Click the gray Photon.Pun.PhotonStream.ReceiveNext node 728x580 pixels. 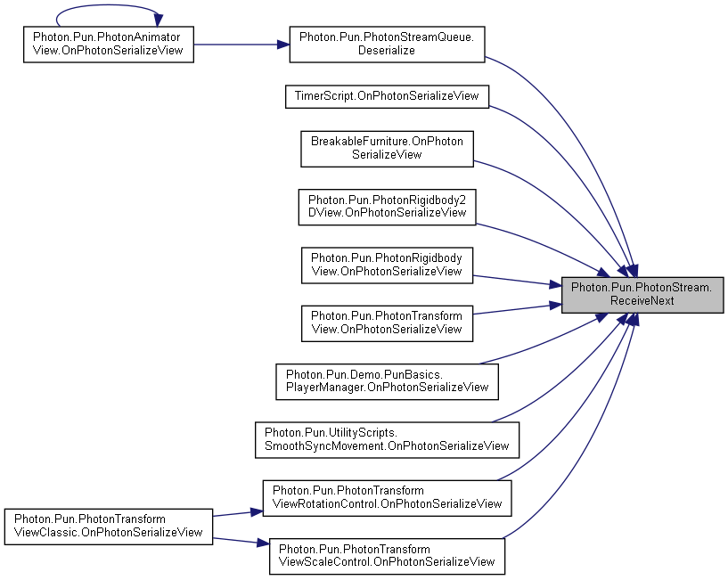(x=642, y=295)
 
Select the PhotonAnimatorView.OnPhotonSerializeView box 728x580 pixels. (x=109, y=45)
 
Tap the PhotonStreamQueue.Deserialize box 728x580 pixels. (x=387, y=45)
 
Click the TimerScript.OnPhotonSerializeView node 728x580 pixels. (x=387, y=96)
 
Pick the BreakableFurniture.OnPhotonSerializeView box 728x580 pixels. (x=387, y=149)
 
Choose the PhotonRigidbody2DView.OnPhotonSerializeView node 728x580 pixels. (x=387, y=207)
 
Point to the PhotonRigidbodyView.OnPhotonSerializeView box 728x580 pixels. (x=387, y=265)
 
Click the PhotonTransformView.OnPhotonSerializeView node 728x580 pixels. (x=387, y=323)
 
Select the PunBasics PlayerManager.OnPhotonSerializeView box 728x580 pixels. (x=387, y=381)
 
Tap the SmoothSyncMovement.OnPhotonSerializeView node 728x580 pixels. (x=387, y=440)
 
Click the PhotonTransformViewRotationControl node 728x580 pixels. (x=387, y=498)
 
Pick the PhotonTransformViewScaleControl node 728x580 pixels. (x=387, y=556)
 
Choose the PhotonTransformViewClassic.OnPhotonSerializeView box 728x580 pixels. (x=109, y=527)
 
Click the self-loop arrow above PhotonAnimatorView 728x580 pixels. (x=109, y=5)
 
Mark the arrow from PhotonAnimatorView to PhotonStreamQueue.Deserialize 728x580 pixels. (x=241, y=45)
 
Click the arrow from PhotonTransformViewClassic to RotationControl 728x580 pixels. (x=238, y=513)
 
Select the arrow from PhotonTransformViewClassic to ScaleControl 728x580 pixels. (x=241, y=542)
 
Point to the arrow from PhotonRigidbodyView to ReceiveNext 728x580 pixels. (x=517, y=281)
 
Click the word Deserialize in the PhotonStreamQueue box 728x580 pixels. (x=387, y=51)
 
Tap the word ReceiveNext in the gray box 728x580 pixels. (x=642, y=301)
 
